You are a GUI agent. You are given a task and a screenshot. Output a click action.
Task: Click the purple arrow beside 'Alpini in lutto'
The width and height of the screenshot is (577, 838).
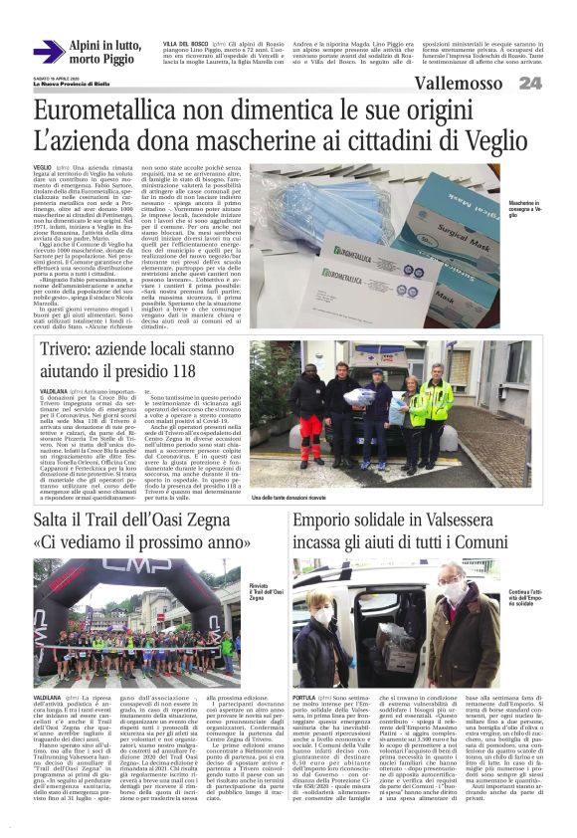pyautogui.click(x=48, y=52)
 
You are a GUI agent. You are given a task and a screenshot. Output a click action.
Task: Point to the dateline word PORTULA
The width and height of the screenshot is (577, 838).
pyautogui.click(x=305, y=698)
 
